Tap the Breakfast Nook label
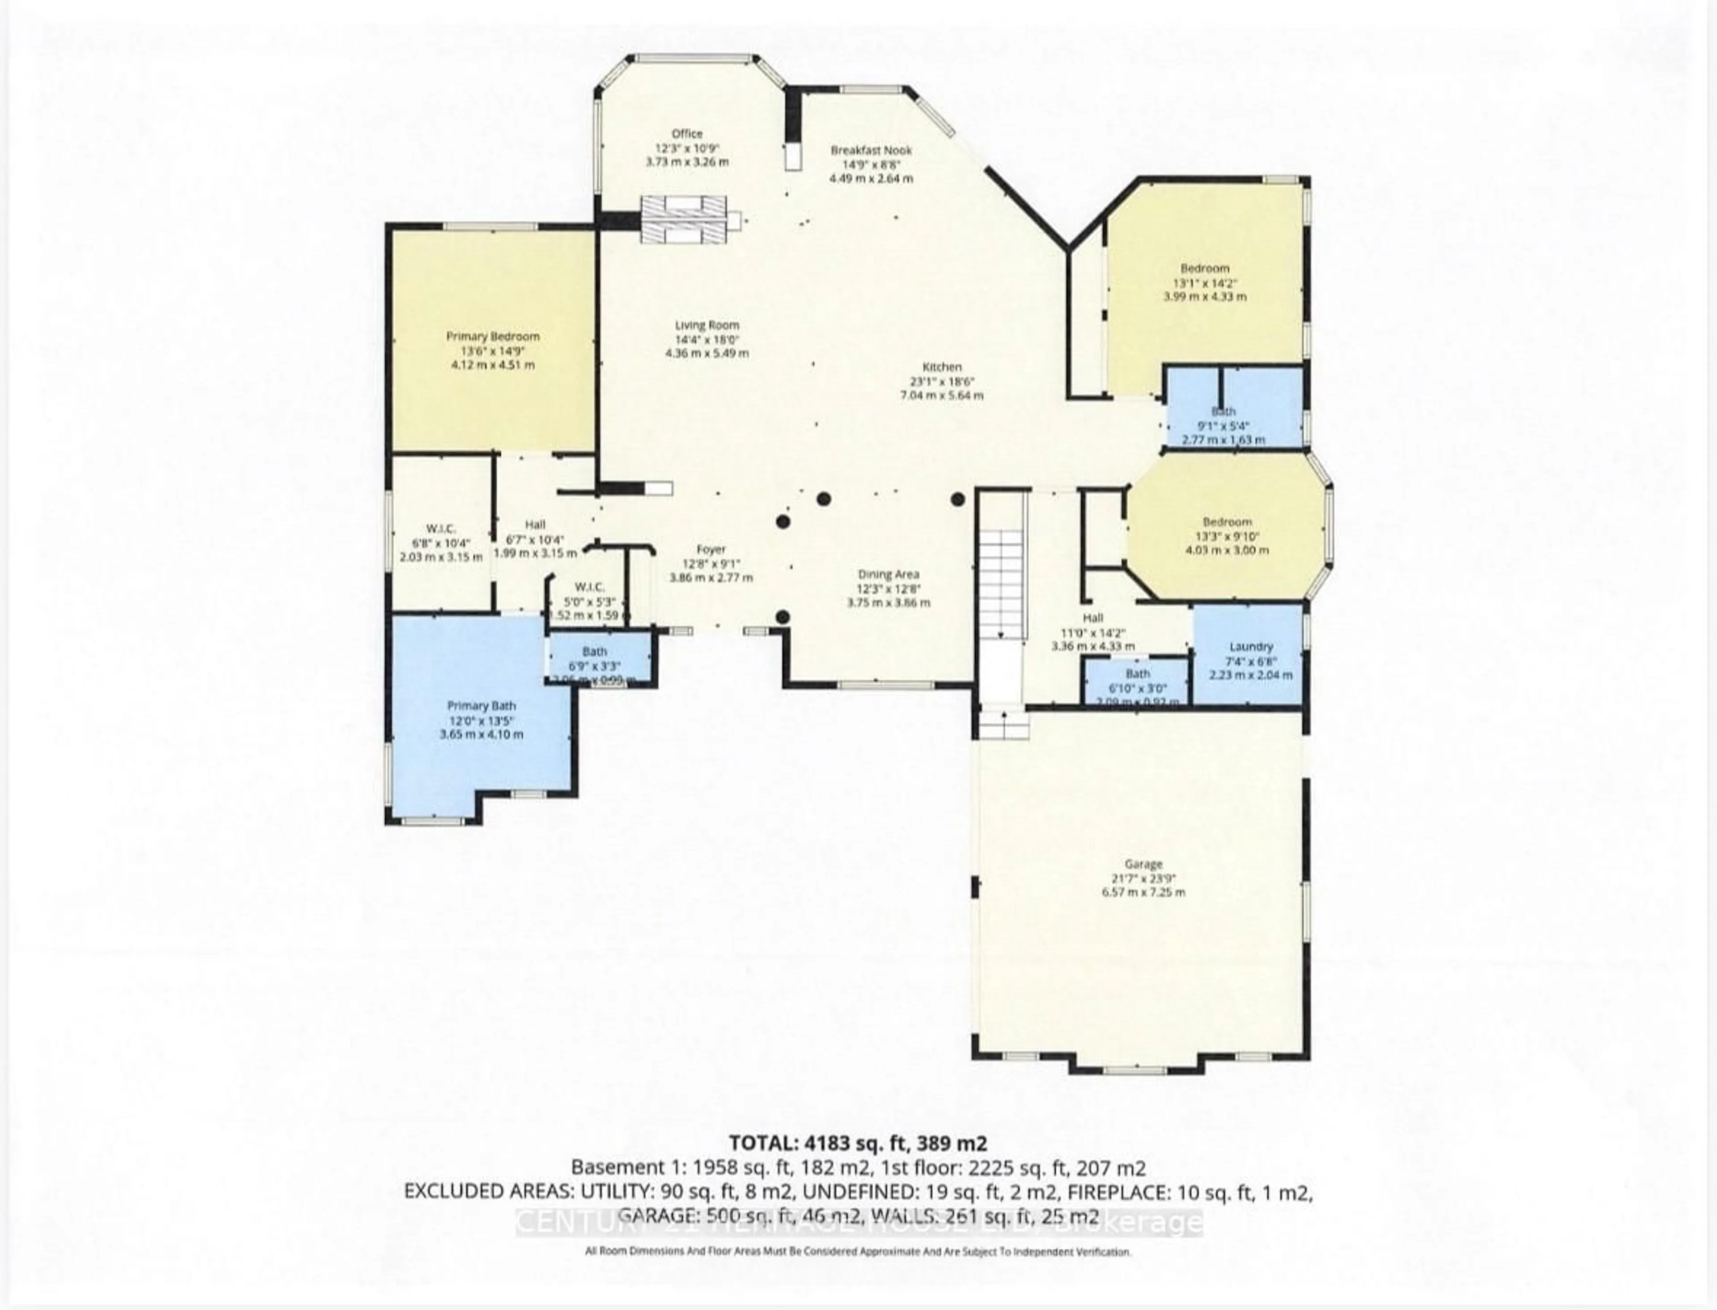tap(871, 150)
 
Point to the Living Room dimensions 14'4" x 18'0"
tap(707, 339)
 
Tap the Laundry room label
tap(1251, 646)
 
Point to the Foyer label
tap(710, 549)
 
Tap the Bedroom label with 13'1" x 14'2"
tap(1205, 268)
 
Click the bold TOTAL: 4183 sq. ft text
tap(858, 1143)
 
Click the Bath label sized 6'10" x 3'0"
tap(1138, 673)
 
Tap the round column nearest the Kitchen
tap(957, 499)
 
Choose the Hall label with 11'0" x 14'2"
tap(1092, 618)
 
